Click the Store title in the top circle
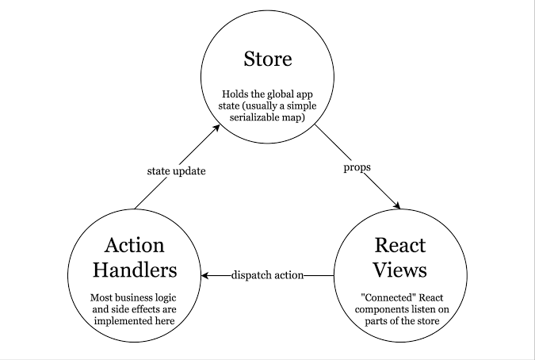coord(268,59)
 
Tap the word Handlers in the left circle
coord(134,270)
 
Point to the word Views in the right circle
coord(400,270)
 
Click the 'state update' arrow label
coord(177,171)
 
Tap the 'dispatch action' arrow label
coord(267,275)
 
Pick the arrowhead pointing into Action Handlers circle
coord(206,275)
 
